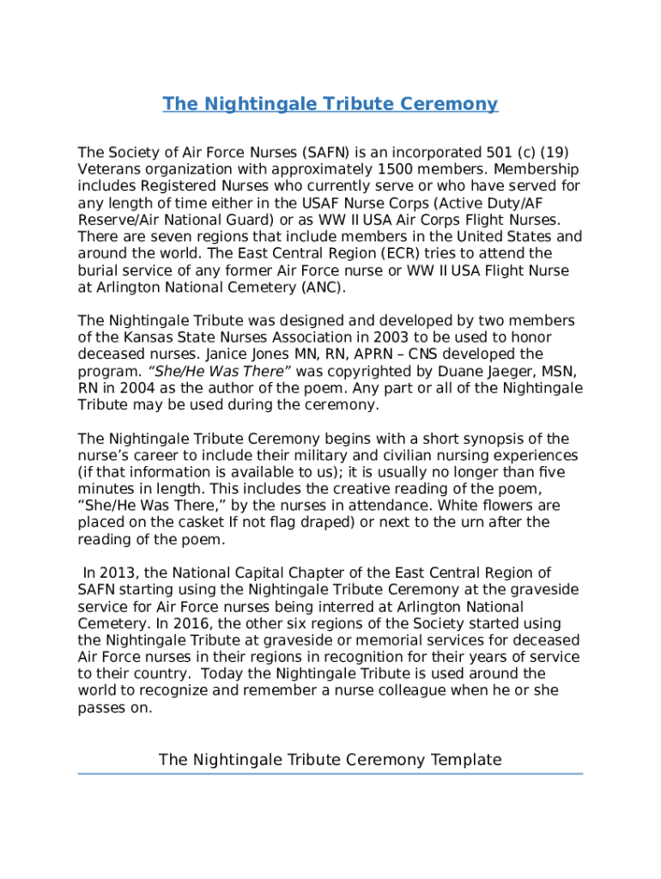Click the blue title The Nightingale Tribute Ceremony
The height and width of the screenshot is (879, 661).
(x=330, y=104)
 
